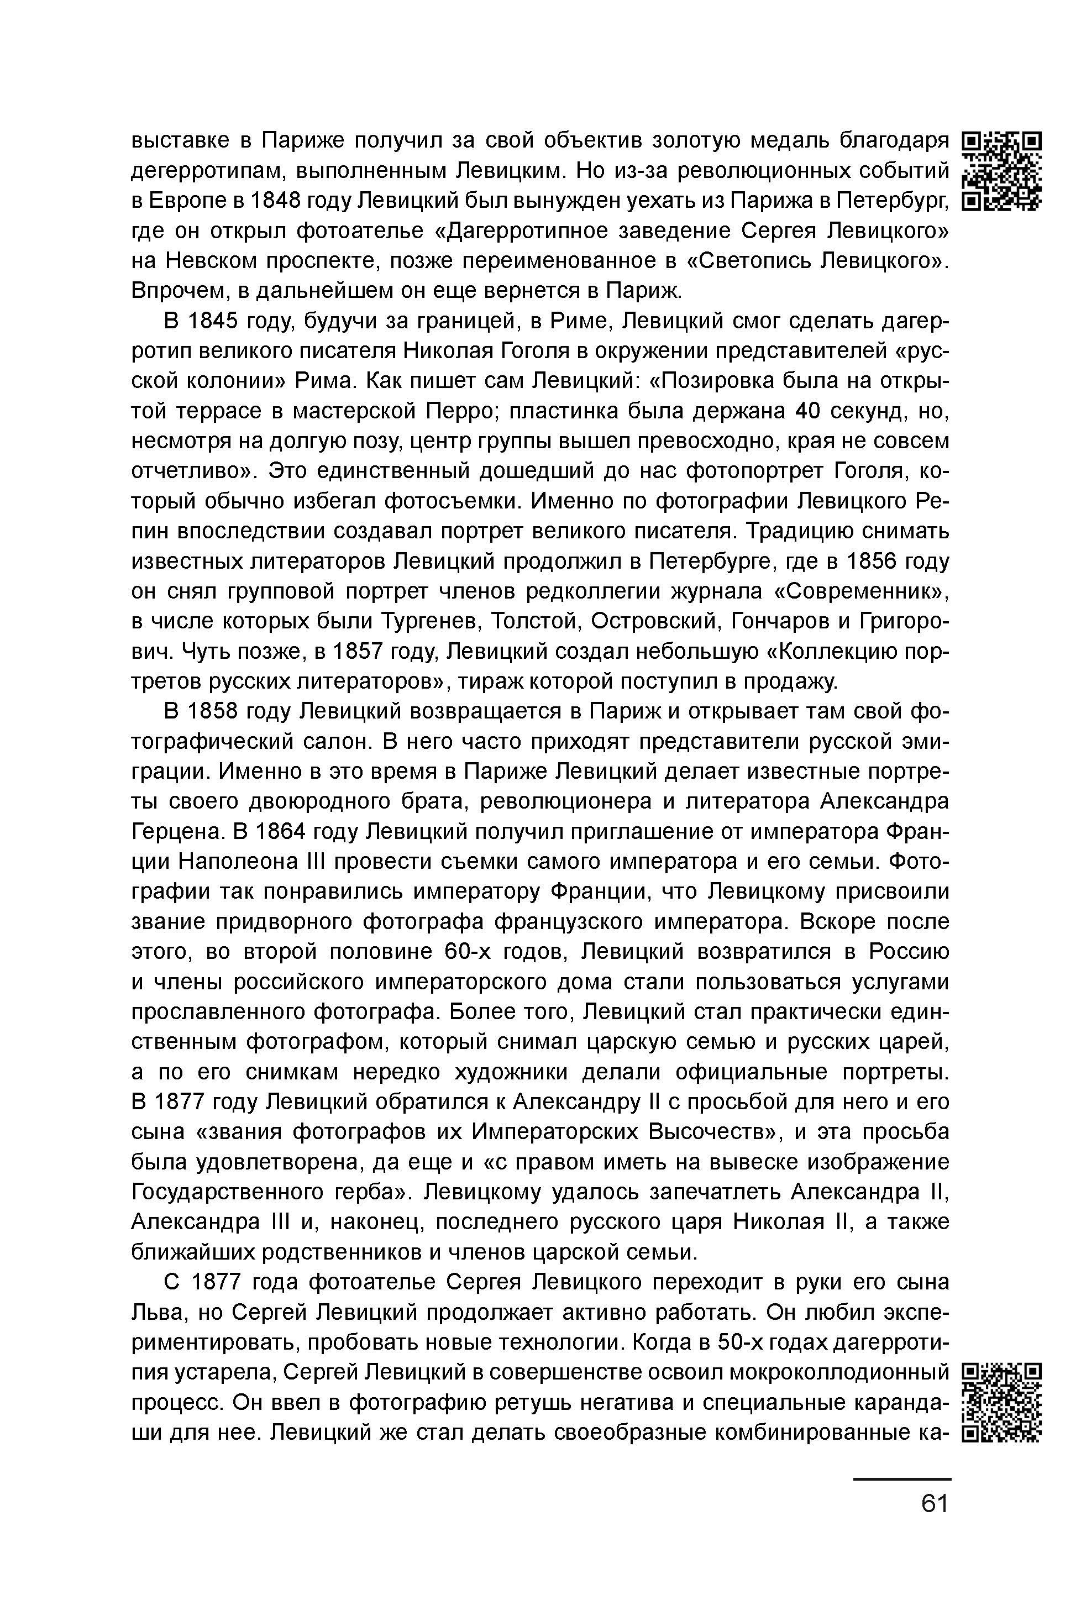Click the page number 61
(935, 1504)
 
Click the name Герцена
(176, 831)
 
